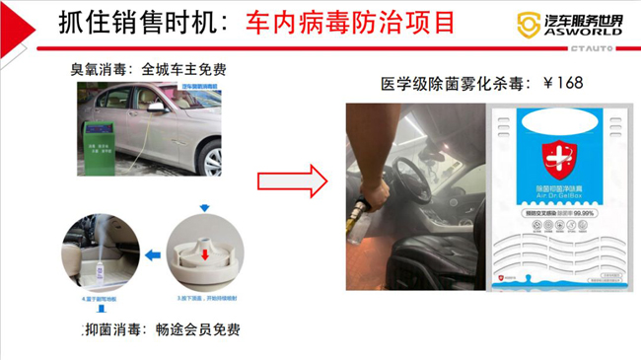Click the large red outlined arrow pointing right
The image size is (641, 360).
(291, 181)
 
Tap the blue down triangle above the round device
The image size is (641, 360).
(203, 209)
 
